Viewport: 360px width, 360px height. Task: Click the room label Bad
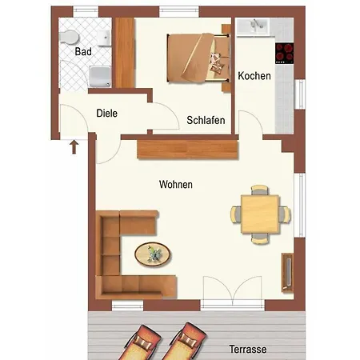coord(83,51)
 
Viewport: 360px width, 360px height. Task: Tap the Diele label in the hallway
coord(106,113)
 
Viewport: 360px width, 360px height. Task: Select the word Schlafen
coord(206,120)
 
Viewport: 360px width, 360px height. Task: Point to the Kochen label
coord(254,76)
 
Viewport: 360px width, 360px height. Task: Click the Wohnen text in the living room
coord(176,184)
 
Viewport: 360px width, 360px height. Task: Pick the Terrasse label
coord(248,349)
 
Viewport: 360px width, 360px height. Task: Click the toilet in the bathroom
coord(69,37)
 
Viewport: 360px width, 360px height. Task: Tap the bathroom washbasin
coord(104,38)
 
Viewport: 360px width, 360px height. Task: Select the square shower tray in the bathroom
coord(100,77)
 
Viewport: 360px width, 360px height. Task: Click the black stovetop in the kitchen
coord(285,54)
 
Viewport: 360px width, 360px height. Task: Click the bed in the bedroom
coord(198,58)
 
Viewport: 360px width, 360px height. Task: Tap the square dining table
coord(260,214)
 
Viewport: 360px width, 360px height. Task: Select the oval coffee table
coord(153,254)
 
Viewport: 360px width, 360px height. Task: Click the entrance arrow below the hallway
coord(74,147)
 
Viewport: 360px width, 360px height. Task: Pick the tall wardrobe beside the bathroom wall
coord(124,53)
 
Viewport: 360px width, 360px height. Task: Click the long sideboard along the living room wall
coord(187,150)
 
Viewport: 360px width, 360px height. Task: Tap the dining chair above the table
coord(260,190)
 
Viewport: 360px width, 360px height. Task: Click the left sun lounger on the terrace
coord(140,343)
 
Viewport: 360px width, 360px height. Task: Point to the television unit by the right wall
coord(287,272)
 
